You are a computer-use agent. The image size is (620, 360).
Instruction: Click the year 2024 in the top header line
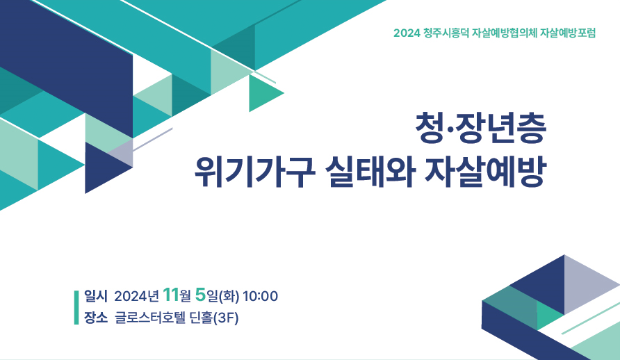point(407,33)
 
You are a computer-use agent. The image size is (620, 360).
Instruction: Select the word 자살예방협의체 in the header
point(505,33)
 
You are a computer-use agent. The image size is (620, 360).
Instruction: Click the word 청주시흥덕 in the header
point(446,33)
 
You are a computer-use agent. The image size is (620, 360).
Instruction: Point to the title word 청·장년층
point(481,128)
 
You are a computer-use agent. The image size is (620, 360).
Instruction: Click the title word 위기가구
point(255,172)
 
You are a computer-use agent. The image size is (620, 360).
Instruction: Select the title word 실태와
point(370,172)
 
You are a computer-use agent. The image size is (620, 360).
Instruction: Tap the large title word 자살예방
point(485,172)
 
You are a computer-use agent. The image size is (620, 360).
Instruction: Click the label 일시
point(96,296)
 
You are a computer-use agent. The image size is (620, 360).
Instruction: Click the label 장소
point(96,318)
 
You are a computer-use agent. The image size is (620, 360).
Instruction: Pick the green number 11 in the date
point(170,295)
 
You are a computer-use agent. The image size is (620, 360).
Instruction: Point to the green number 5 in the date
point(200,295)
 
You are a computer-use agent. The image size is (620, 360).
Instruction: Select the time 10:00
point(260,296)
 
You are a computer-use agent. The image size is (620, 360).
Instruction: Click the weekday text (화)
point(229,296)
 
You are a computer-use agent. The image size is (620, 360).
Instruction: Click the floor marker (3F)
point(225,318)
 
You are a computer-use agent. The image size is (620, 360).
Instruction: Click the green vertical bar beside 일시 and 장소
point(76,307)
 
